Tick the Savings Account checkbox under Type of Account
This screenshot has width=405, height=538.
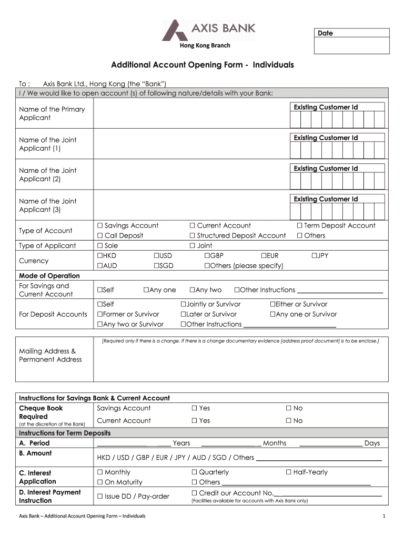pyautogui.click(x=100, y=226)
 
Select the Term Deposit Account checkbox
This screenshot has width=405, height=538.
pyautogui.click(x=299, y=226)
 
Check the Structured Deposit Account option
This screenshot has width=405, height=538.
pyautogui.click(x=193, y=236)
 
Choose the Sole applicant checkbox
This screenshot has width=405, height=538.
pyautogui.click(x=100, y=246)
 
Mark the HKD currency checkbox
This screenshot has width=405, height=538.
pyautogui.click(x=99, y=256)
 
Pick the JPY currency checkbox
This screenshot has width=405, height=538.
pyautogui.click(x=314, y=256)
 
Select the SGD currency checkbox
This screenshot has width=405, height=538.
pyautogui.click(x=156, y=266)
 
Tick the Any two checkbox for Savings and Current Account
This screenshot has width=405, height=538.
pyautogui.click(x=192, y=290)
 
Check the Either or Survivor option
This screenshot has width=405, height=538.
pyautogui.click(x=272, y=304)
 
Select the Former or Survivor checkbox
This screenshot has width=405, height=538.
pyautogui.click(x=99, y=314)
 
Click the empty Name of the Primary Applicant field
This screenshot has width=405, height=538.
pyautogui.click(x=190, y=113)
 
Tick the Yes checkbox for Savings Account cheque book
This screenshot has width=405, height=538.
pyautogui.click(x=194, y=408)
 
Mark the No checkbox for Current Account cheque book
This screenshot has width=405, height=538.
pyautogui.click(x=288, y=421)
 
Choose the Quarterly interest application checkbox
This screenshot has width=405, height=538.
pyautogui.click(x=194, y=472)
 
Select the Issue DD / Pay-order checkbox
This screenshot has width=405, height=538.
pyautogui.click(x=100, y=496)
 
